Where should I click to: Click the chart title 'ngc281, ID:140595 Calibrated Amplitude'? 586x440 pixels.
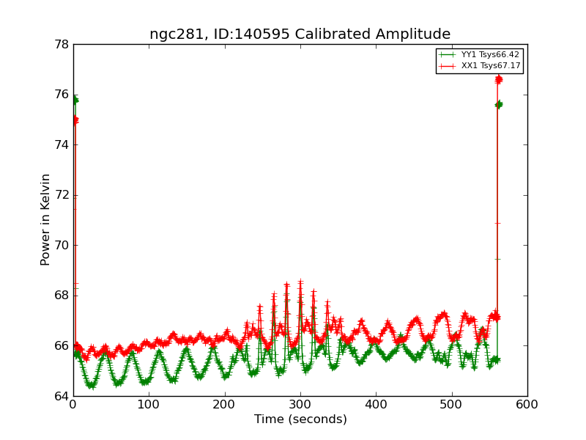coord(300,34)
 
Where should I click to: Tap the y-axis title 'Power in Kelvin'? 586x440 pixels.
coord(45,219)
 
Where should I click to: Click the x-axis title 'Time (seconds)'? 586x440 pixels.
coord(300,419)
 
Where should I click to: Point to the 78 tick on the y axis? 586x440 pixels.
coord(61,44)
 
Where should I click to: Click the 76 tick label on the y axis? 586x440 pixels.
coord(61,95)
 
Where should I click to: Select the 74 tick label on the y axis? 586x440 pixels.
coord(61,144)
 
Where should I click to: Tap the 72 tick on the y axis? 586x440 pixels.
coord(61,195)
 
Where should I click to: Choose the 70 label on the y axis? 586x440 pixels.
coord(61,245)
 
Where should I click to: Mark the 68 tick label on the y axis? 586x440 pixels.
coord(61,296)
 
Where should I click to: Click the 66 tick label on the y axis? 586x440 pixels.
coord(61,345)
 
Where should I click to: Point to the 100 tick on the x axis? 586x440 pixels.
coord(149,404)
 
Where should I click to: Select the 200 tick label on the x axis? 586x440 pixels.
coord(225,404)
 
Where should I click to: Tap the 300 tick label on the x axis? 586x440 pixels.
coord(300,404)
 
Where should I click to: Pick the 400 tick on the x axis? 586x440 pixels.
coord(376,404)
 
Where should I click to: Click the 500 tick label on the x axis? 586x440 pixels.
coord(452,404)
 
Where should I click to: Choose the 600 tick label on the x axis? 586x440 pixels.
coord(527,404)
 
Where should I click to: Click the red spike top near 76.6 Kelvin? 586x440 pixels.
coord(498,79)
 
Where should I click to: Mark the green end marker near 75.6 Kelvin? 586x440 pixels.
coord(499,105)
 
